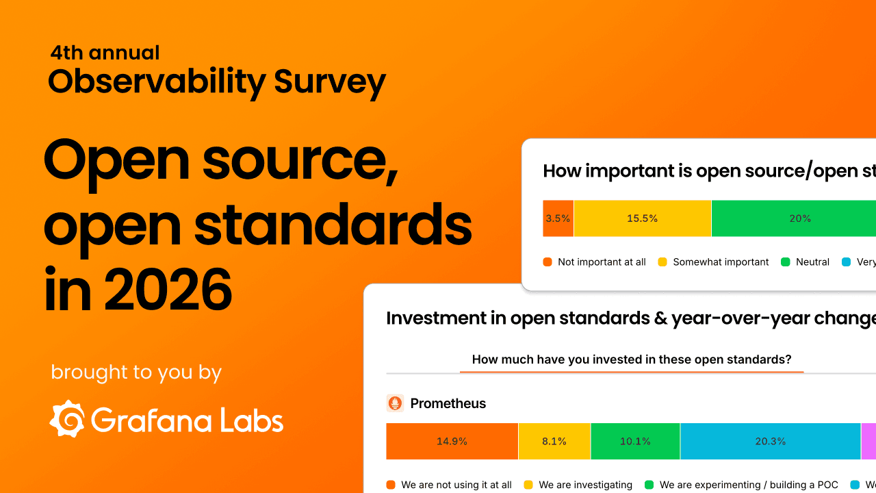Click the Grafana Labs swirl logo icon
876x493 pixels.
click(x=67, y=419)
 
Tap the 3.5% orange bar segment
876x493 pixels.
click(x=558, y=218)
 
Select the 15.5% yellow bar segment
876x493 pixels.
click(x=642, y=218)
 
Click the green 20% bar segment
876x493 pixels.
click(x=799, y=218)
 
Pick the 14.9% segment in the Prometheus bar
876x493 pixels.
click(x=452, y=442)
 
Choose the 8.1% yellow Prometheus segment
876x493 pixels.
click(x=554, y=442)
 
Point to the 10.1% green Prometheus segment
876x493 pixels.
click(x=635, y=442)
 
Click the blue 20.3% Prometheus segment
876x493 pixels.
click(x=770, y=442)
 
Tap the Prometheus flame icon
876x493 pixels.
click(x=395, y=403)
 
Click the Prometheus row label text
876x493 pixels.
click(x=448, y=403)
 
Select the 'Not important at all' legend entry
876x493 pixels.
click(x=594, y=262)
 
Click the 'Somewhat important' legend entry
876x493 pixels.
click(x=713, y=262)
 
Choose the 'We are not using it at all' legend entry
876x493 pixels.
click(x=449, y=485)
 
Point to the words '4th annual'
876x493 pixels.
click(x=105, y=53)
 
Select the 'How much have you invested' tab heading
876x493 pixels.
click(x=631, y=359)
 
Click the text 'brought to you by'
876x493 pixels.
click(x=136, y=372)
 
